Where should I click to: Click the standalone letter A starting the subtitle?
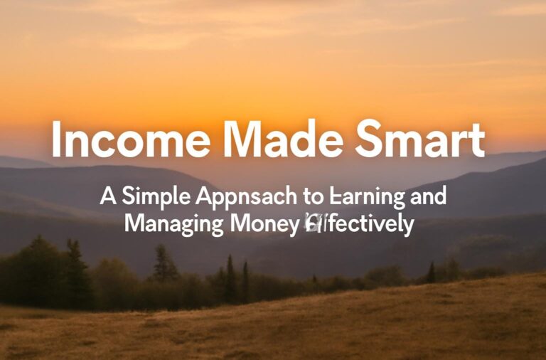[x=107, y=197]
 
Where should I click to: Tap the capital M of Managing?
[x=134, y=224]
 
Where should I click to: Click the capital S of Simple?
[x=127, y=197]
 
